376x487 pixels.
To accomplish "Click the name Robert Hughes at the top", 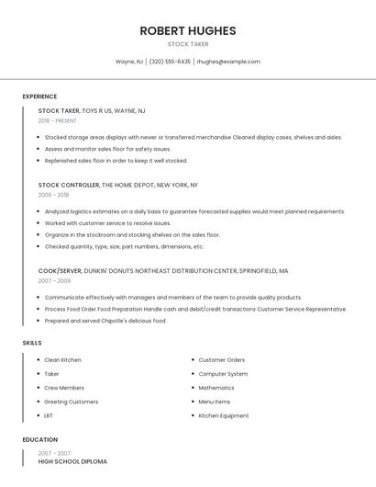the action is point(188,30).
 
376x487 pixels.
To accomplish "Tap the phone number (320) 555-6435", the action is point(170,62).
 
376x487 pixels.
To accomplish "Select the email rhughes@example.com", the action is point(228,62).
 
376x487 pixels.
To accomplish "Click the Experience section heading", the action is point(39,96).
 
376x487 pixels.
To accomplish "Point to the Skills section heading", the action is point(32,343).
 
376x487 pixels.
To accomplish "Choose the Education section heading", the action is point(40,439).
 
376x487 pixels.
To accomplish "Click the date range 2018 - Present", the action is point(58,120).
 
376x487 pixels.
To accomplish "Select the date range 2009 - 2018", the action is point(53,195).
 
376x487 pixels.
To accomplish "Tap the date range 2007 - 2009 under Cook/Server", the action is point(54,281).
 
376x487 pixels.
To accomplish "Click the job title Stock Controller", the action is point(69,185).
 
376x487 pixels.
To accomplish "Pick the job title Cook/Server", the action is point(60,271).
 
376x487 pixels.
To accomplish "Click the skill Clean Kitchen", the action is point(62,360).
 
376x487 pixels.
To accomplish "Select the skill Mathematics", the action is point(216,388).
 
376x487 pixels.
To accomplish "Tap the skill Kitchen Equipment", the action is point(224,415).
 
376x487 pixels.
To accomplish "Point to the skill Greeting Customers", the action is point(71,402).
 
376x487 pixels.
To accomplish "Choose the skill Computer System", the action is point(223,374).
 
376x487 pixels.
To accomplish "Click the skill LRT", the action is point(50,415).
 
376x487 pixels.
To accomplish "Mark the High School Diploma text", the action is point(72,461).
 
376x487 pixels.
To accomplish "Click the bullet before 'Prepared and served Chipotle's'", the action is point(39,321).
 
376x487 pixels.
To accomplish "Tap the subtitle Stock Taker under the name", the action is point(188,44).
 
